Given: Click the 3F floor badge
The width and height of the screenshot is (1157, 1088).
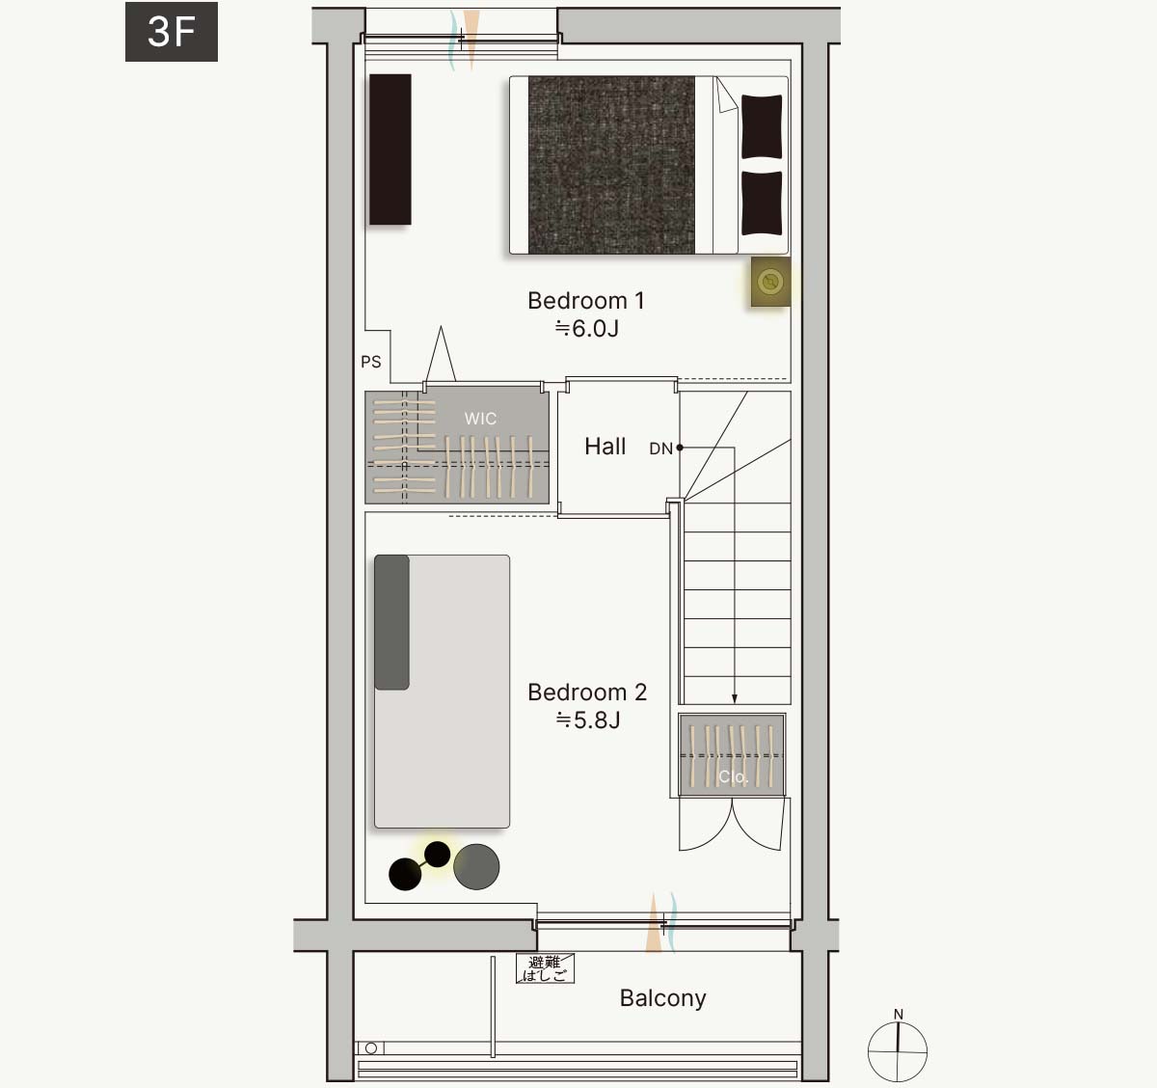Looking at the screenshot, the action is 172,32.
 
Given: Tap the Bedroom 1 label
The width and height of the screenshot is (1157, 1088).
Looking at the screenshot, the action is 586,301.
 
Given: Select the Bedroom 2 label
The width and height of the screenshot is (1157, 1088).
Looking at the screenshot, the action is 587,693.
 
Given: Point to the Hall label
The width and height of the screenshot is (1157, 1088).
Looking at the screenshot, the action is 605,447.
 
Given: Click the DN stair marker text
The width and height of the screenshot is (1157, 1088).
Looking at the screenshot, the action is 660,449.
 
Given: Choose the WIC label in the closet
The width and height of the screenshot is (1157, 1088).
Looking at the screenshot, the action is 480,418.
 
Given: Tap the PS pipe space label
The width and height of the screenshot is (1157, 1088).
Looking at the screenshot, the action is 370,362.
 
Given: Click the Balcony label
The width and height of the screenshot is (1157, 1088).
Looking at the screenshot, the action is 663,998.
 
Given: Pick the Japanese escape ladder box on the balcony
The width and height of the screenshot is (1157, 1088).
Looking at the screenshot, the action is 546,968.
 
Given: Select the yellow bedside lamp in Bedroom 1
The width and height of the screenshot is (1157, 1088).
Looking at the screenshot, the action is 770,282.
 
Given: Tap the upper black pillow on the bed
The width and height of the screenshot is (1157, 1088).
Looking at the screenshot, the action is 762,126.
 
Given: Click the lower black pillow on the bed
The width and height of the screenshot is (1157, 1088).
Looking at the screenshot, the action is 762,203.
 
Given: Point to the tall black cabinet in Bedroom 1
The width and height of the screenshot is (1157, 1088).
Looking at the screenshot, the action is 390,150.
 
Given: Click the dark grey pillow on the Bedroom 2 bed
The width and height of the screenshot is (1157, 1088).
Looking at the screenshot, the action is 391,622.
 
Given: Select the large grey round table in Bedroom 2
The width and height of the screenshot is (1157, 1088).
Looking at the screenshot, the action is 476,866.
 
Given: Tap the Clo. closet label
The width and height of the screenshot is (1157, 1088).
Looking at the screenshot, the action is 733,776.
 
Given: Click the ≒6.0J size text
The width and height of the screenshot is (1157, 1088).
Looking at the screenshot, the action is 586,329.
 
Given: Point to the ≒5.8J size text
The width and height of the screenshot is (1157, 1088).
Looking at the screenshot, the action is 588,721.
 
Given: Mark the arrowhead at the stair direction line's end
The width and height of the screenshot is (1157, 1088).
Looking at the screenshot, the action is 735,699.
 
